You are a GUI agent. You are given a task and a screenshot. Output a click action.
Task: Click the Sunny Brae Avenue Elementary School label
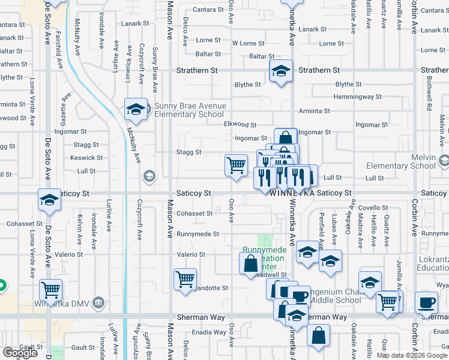190,110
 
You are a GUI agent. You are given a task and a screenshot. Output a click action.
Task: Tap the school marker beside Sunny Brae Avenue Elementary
136,110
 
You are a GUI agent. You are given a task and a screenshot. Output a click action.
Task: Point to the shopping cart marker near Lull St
236,164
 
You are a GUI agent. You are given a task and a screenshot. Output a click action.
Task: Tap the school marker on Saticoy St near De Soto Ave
49,200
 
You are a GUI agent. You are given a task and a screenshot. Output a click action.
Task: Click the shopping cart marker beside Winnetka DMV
50,290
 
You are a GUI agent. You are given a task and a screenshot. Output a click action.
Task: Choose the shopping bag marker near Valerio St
250,263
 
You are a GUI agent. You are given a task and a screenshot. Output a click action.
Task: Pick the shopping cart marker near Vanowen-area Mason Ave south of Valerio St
185,278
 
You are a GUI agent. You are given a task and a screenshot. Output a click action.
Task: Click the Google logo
20,353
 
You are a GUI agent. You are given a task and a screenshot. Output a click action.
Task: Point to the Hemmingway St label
358,97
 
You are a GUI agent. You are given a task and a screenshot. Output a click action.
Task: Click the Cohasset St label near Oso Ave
194,214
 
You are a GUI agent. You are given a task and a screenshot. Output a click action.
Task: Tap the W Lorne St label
248,43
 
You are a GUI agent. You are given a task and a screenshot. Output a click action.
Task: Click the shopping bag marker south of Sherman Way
318,336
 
